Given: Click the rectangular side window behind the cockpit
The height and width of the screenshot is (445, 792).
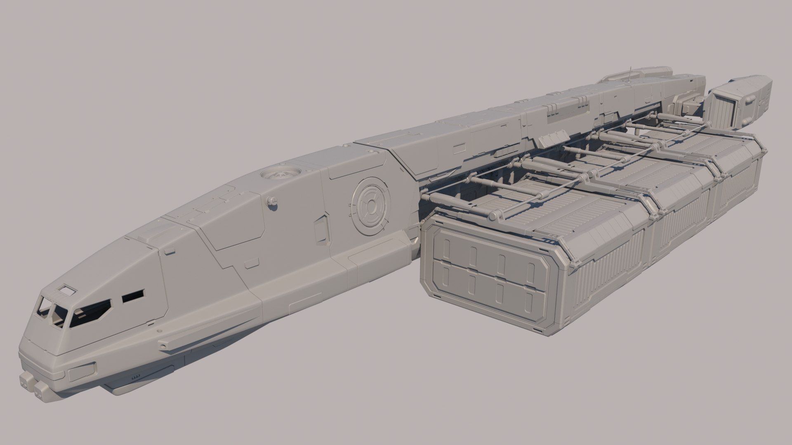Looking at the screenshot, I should (132, 295).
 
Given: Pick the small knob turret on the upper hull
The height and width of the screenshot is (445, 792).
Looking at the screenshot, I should (271, 201).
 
